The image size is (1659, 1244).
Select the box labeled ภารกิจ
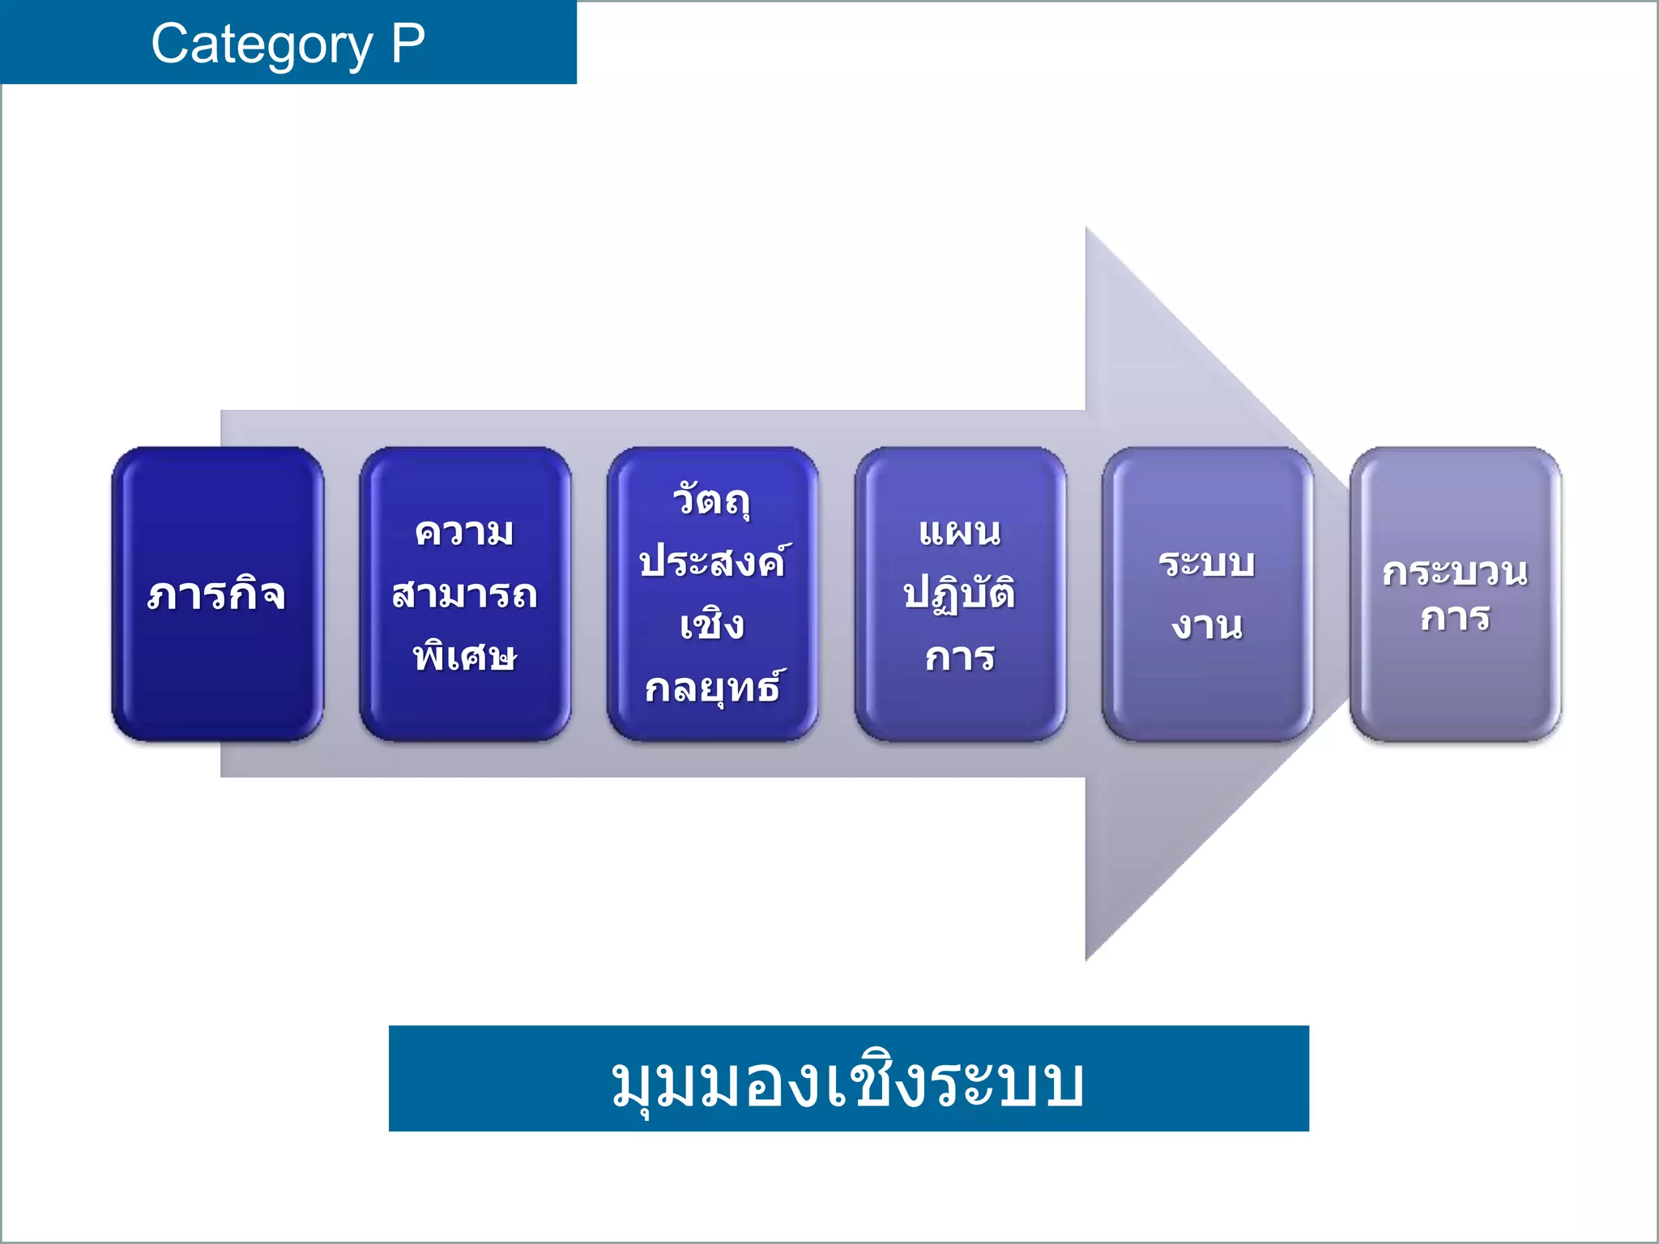tap(217, 594)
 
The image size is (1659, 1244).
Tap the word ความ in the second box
tap(464, 532)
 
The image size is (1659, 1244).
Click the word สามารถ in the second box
tap(464, 594)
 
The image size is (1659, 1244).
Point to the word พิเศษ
tap(464, 655)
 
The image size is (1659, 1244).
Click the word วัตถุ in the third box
tap(711, 500)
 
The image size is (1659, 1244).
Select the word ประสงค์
tap(711, 561)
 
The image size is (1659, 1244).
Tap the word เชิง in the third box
tap(711, 624)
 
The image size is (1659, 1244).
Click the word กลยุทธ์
tap(713, 688)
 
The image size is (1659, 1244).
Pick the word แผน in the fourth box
tap(960, 532)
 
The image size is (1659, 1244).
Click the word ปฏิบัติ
tap(960, 594)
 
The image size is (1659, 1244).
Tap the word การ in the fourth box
tap(960, 657)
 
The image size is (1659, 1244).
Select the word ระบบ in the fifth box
tap(1207, 563)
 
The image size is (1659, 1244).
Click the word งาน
tap(1207, 625)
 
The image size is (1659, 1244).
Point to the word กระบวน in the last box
tap(1455, 572)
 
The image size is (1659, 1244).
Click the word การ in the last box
tap(1455, 617)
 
